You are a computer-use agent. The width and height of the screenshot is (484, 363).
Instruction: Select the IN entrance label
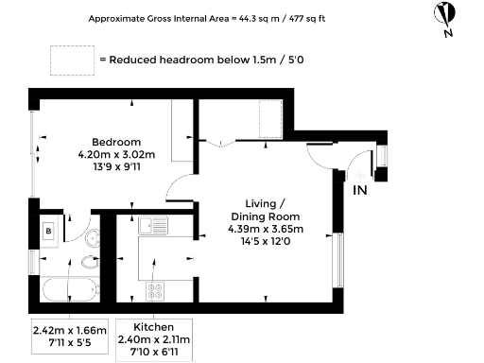click(x=359, y=191)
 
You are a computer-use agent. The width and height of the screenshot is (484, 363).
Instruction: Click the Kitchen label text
click(x=153, y=324)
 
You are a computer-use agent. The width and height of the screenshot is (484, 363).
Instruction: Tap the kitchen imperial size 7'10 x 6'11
click(x=153, y=352)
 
